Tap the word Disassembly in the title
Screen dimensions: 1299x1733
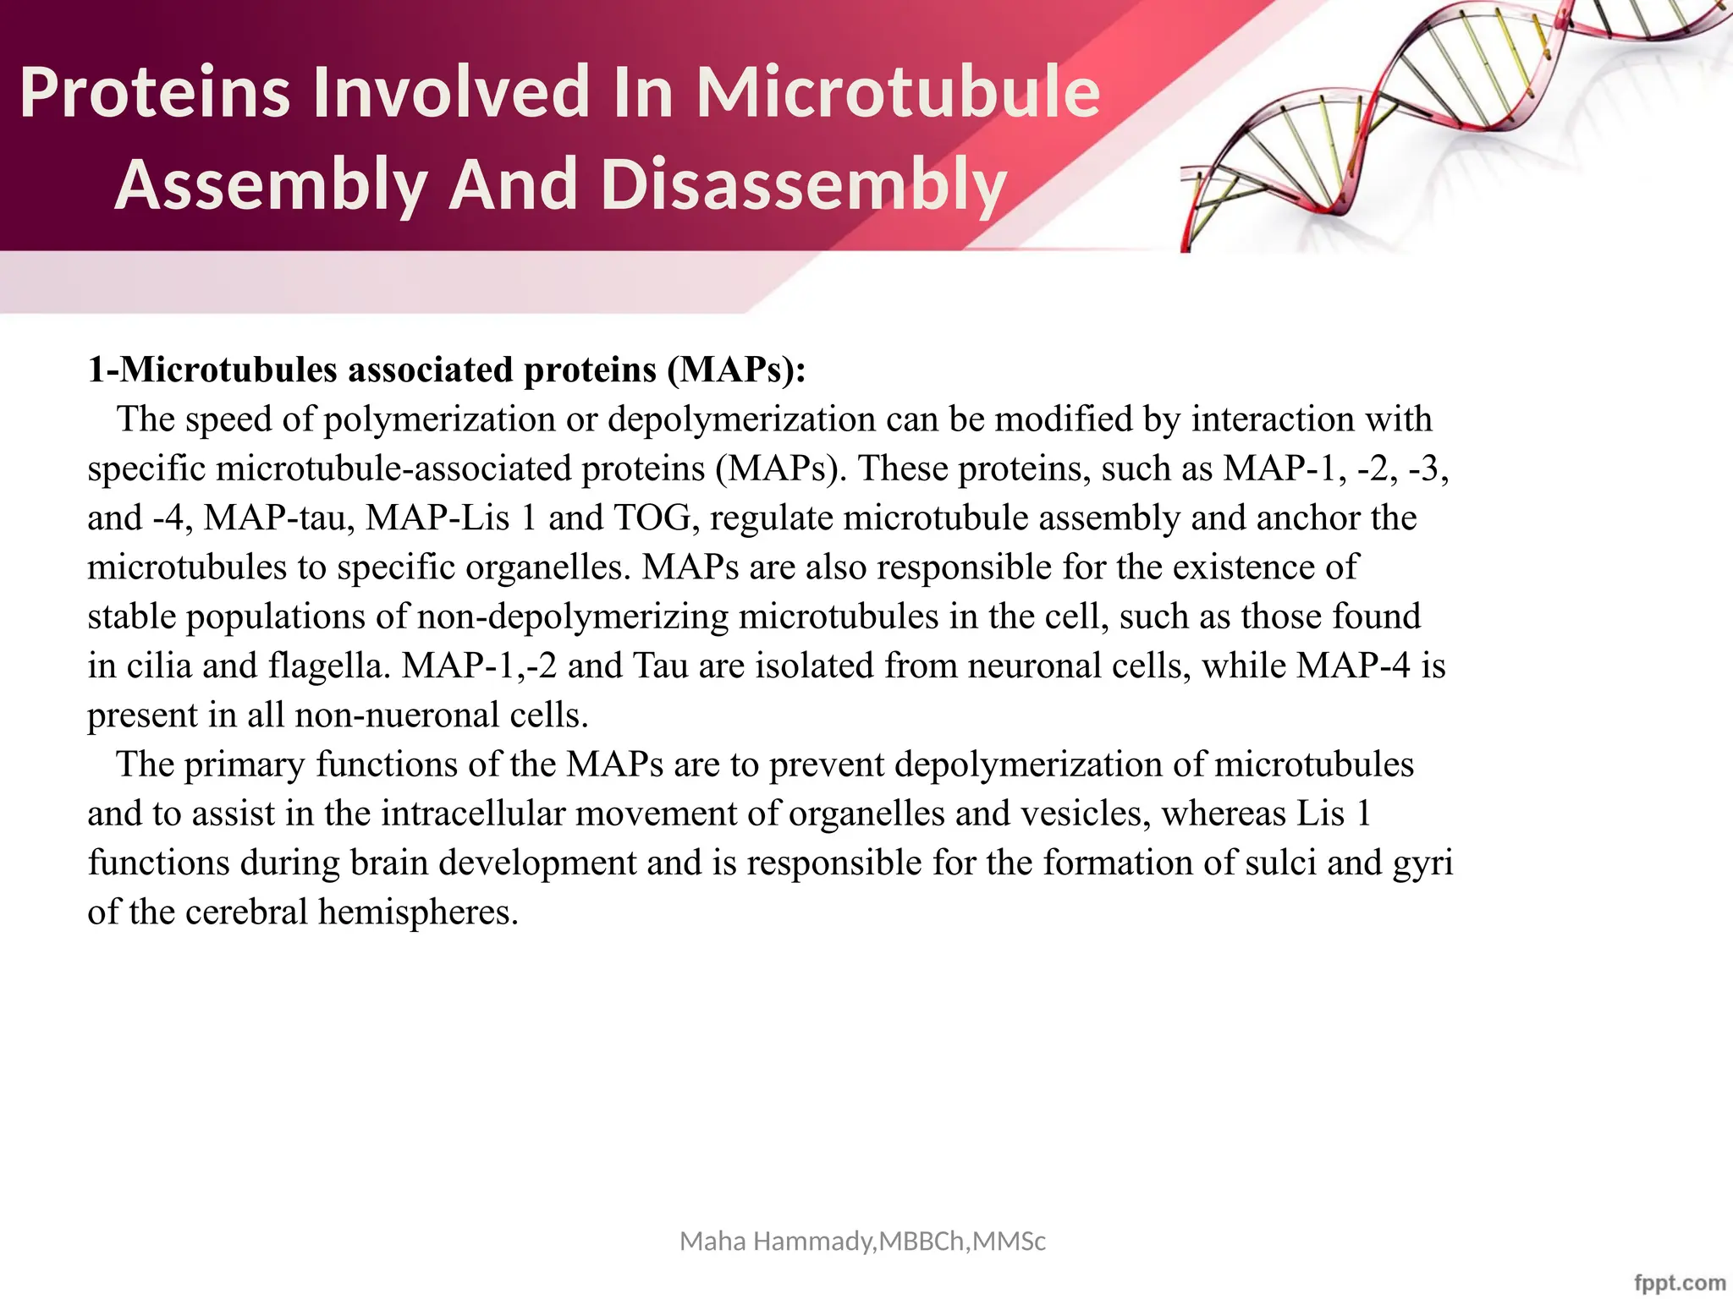point(803,184)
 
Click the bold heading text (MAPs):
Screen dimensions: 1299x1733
point(736,370)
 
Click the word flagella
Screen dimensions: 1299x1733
point(330,666)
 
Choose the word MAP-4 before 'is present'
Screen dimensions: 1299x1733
point(1353,666)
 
